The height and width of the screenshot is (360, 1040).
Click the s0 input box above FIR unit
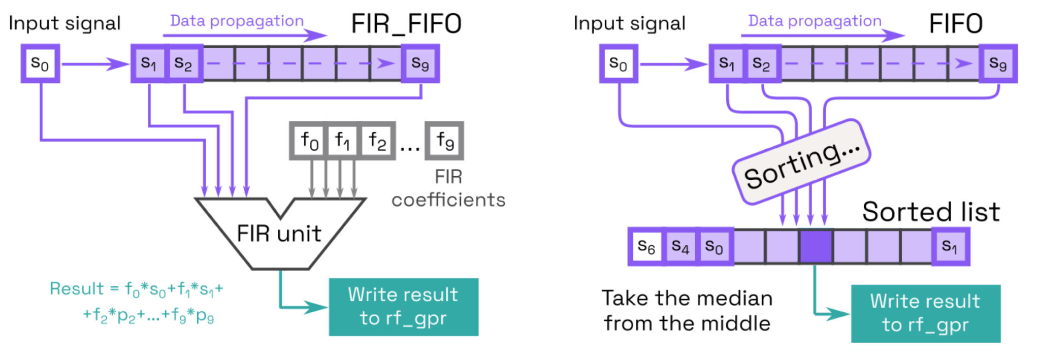(40, 63)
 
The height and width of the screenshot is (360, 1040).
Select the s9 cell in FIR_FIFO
(420, 63)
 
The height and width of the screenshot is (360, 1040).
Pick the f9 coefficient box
(444, 141)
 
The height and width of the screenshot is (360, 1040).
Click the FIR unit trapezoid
(279, 234)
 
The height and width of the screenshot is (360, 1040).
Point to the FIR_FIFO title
(406, 24)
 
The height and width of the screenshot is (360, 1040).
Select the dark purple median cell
(816, 247)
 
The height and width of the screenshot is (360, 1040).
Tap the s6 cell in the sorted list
(646, 247)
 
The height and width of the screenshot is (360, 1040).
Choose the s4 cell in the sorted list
(680, 247)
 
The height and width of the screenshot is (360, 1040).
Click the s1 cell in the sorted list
(950, 247)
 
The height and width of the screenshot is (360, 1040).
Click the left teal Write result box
(403, 307)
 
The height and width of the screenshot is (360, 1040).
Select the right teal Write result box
(925, 313)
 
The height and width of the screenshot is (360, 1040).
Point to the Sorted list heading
(930, 212)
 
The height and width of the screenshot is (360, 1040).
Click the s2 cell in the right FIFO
(761, 63)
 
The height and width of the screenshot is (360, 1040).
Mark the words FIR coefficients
(448, 189)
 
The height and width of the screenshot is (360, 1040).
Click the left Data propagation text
(237, 21)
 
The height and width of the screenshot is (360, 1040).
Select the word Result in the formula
(76, 288)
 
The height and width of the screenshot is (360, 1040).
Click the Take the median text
(687, 299)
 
